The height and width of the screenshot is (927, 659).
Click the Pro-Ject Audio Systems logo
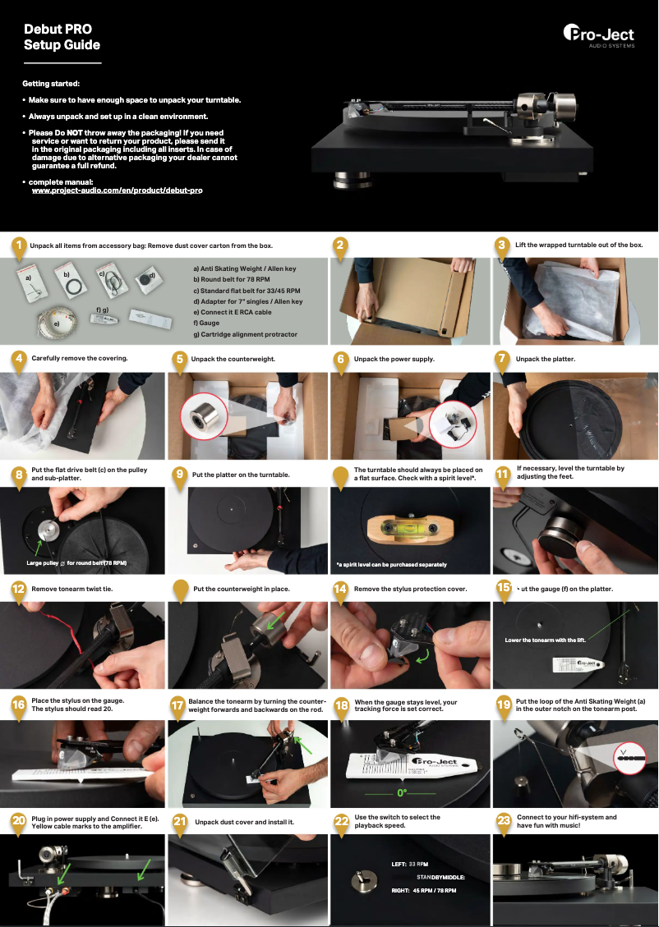[x=603, y=35]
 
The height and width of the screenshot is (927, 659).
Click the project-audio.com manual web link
[x=117, y=190]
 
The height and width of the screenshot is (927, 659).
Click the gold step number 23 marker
[x=505, y=820]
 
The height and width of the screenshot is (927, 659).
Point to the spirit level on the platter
[x=411, y=529]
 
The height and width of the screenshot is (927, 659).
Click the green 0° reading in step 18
[x=402, y=793]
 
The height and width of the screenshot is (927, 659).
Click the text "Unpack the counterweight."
[x=233, y=359]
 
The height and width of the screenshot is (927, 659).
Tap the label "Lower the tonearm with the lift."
[x=545, y=640]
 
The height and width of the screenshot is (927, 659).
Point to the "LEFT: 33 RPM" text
[x=410, y=864]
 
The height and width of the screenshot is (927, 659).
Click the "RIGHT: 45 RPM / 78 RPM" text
[x=423, y=890]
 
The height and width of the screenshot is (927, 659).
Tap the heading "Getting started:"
[x=51, y=84]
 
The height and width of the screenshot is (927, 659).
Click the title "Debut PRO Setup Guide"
[x=62, y=37]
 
